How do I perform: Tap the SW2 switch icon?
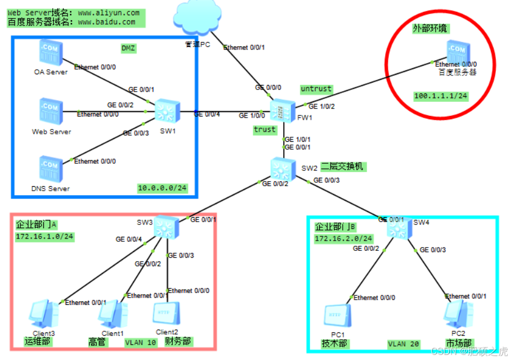(280, 168)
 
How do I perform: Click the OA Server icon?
(50, 52)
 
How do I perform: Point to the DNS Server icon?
(50, 168)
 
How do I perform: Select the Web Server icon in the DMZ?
(50, 111)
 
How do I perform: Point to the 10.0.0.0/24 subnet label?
(162, 188)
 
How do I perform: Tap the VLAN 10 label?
(141, 342)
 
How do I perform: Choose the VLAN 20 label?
(404, 343)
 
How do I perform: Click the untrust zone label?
(316, 89)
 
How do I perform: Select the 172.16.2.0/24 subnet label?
(343, 239)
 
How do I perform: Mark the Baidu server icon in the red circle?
(457, 52)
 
